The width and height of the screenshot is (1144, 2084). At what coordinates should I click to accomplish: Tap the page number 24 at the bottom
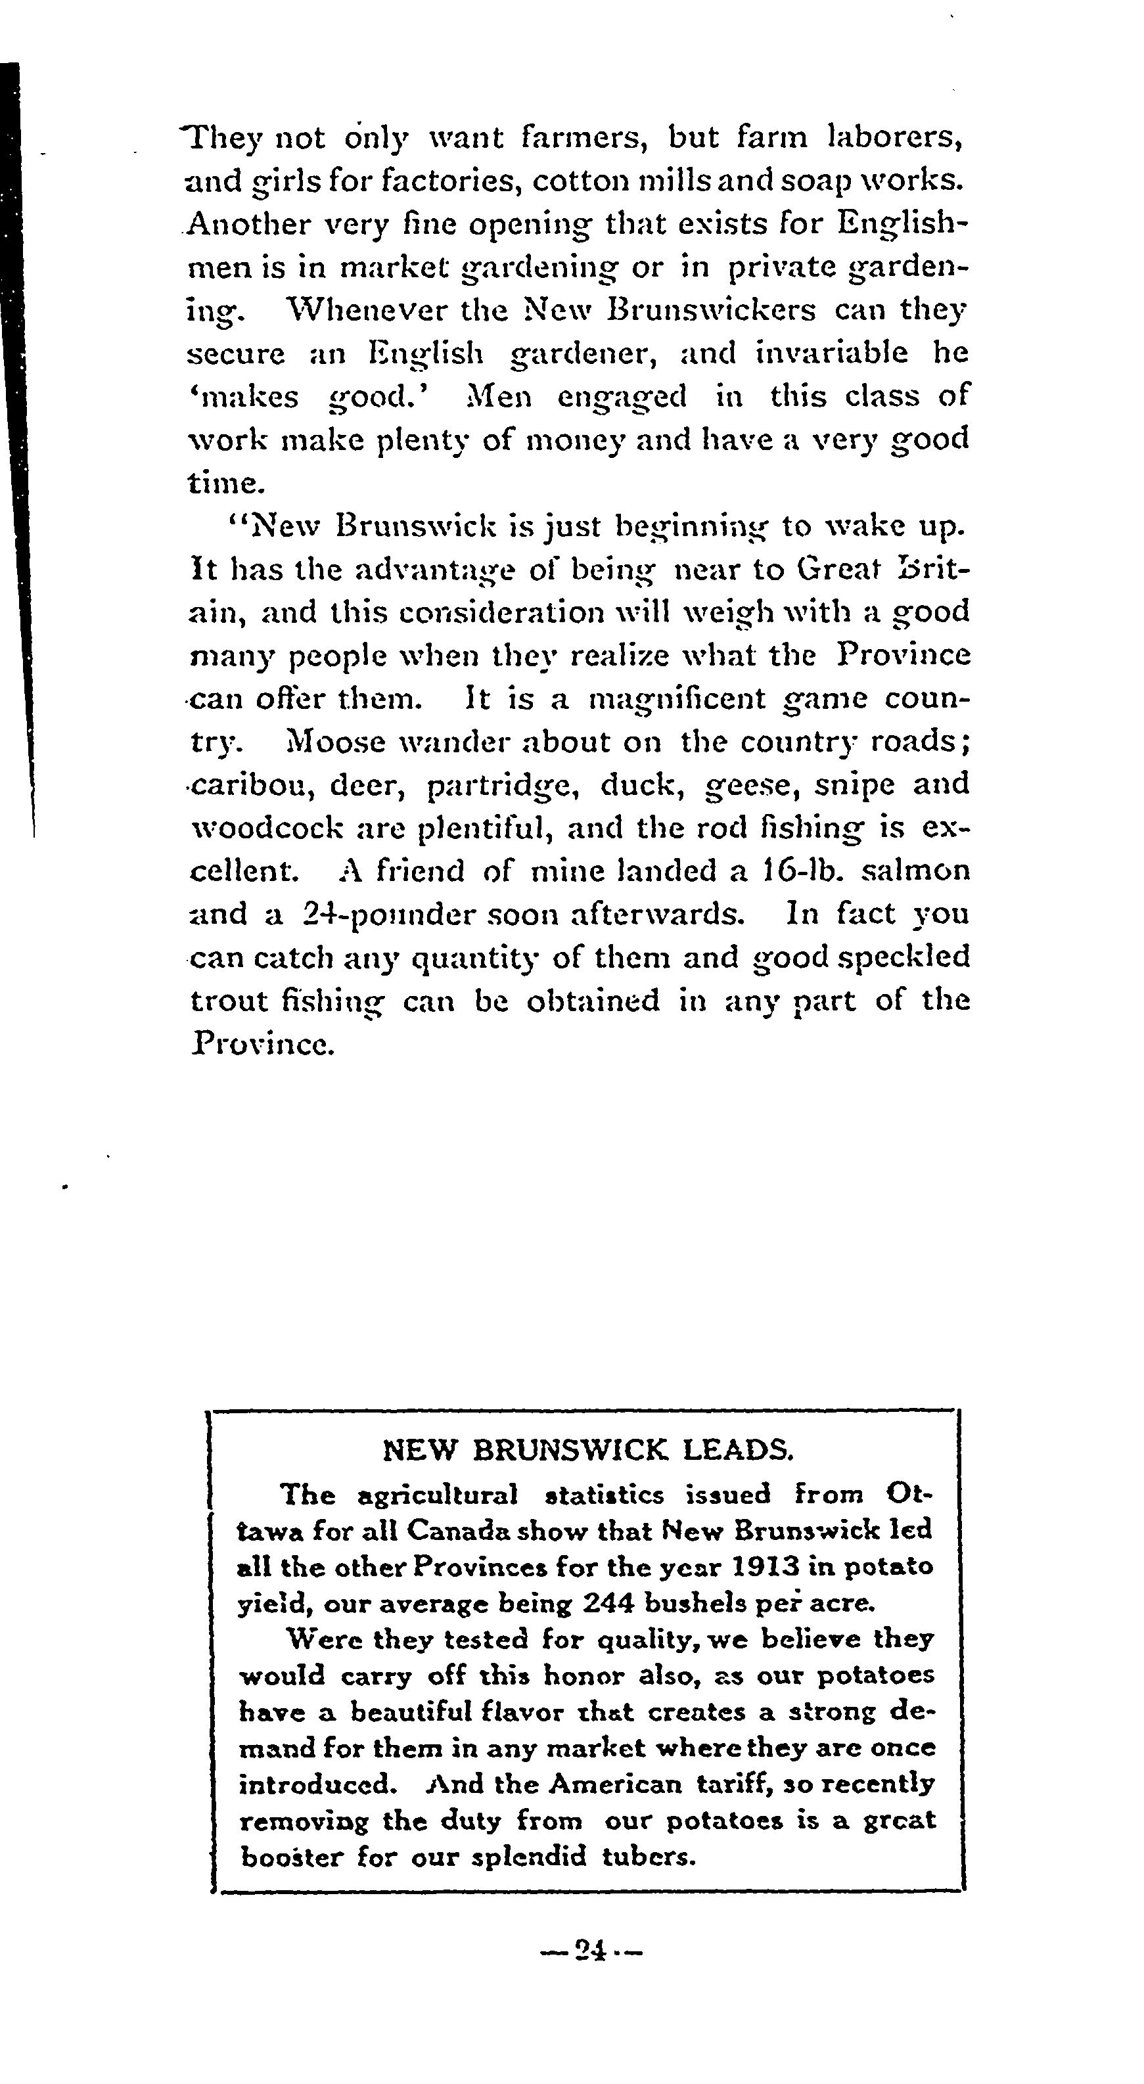(591, 1951)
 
